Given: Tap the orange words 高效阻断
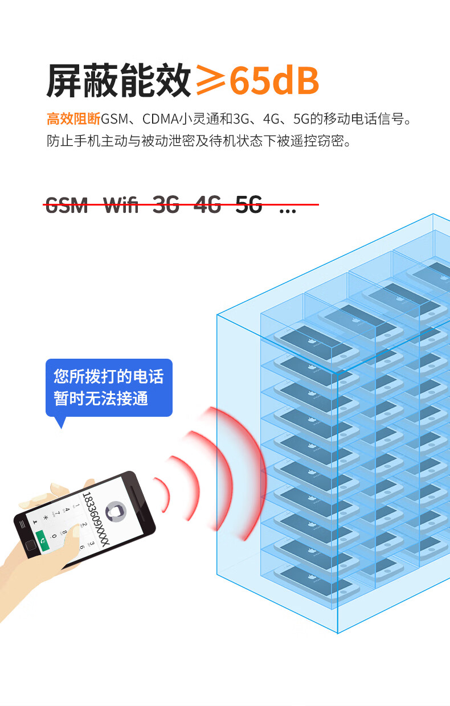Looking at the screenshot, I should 73,120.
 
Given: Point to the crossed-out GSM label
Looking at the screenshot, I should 67,204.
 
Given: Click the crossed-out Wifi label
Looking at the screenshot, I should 121,204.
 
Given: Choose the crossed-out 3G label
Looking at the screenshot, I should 166,204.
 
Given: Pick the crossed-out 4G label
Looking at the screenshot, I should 207,204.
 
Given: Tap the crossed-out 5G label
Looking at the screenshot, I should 249,204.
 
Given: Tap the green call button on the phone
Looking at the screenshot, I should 43,538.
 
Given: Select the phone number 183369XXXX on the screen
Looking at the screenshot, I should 96,519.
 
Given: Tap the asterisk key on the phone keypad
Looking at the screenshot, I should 46,518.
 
